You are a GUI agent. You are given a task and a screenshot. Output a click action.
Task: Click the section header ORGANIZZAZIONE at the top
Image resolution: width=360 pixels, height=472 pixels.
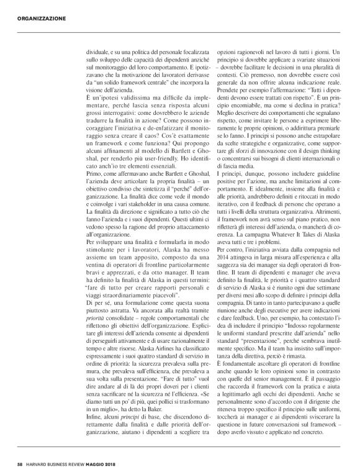click(x=38, y=19)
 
